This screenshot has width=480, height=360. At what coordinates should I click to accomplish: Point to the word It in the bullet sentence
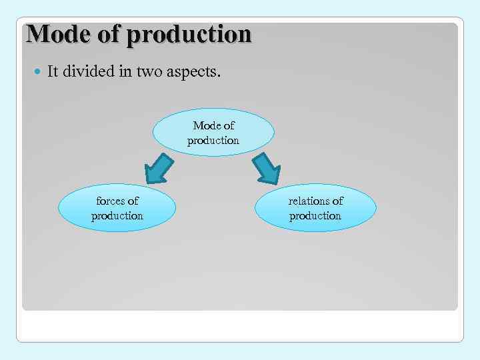(x=53, y=72)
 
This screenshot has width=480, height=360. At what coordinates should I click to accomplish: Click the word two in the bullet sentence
(x=152, y=72)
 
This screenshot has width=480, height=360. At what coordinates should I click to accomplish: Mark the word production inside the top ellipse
(x=213, y=141)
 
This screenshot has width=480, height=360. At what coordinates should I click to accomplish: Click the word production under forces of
(x=117, y=216)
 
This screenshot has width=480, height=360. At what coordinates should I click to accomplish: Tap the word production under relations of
(x=315, y=216)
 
